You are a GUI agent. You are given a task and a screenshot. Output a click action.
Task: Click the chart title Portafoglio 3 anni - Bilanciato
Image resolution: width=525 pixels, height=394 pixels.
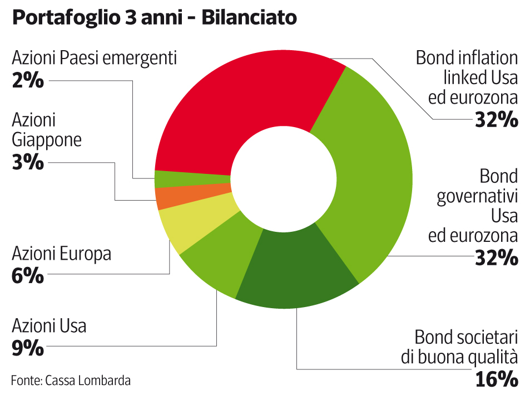click(154, 18)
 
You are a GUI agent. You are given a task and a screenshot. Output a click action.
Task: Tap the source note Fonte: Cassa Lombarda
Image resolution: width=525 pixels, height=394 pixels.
click(71, 381)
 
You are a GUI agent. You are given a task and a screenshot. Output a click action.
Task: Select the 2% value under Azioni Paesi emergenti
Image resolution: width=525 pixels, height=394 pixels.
click(28, 81)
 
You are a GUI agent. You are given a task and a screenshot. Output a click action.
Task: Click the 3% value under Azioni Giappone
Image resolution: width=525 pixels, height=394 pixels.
click(28, 162)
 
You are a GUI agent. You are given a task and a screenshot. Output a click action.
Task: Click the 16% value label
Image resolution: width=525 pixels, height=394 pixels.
click(496, 380)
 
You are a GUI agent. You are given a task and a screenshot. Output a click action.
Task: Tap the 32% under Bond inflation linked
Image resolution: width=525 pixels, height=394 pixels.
click(496, 120)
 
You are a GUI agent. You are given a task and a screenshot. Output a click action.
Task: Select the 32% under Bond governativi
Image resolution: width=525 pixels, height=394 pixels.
click(496, 257)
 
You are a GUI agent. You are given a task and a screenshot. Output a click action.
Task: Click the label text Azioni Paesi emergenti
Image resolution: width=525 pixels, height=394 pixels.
click(94, 58)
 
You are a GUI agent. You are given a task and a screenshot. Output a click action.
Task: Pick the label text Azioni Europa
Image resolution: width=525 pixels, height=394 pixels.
click(61, 254)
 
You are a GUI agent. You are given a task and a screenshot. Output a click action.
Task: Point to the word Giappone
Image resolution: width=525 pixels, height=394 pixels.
click(47, 139)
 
